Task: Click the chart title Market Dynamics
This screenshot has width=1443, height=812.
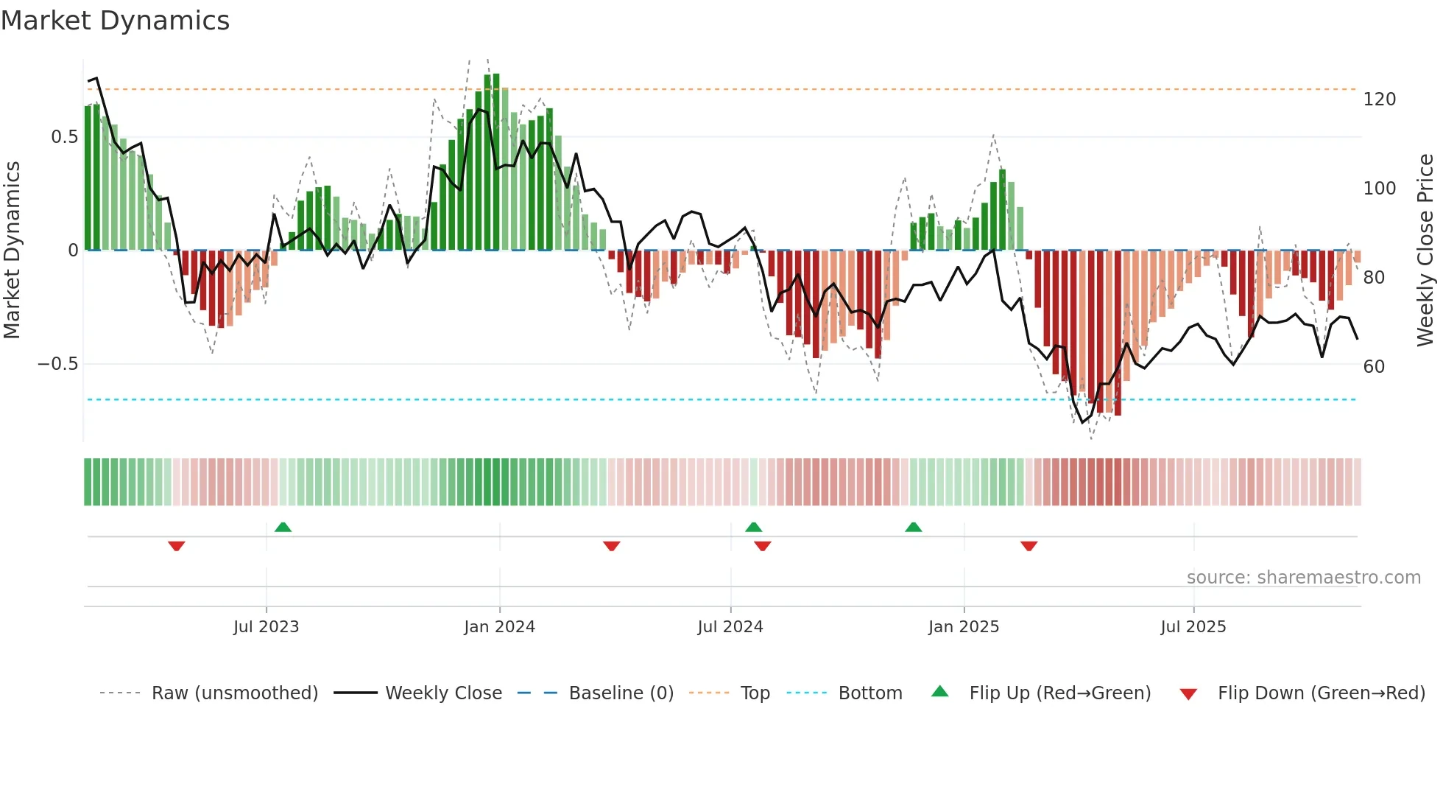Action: click(116, 21)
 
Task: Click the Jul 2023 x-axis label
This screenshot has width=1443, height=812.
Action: click(266, 627)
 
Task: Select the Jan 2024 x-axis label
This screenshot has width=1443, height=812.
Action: click(499, 627)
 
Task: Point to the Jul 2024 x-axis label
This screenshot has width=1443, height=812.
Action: click(730, 627)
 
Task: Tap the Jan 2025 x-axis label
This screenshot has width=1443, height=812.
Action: click(963, 627)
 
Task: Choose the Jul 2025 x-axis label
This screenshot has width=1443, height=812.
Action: click(1193, 627)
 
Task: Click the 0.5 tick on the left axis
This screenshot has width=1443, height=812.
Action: click(64, 137)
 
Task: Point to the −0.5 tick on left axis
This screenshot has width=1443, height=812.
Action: click(57, 364)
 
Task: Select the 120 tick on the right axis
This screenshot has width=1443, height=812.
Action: click(1379, 99)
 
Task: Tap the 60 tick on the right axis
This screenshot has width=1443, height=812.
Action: click(1374, 367)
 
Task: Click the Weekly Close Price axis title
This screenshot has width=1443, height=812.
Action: click(1425, 251)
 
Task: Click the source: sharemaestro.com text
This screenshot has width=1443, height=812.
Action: click(1303, 578)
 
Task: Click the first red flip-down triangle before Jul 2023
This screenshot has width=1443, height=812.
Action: click(176, 546)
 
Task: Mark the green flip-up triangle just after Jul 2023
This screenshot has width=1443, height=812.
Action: click(283, 527)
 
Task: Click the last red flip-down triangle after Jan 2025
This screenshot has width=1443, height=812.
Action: click(1029, 546)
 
